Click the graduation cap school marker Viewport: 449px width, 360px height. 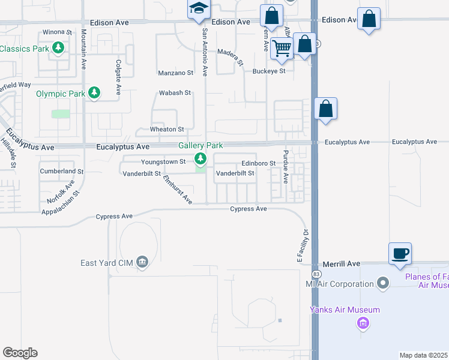click(x=198, y=10)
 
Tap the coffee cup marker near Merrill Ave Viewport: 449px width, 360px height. click(x=399, y=253)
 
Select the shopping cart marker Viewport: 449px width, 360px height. click(x=281, y=48)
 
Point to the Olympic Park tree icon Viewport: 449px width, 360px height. click(x=94, y=93)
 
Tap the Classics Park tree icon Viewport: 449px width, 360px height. click(x=58, y=47)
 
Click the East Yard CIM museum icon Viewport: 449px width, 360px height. click(x=142, y=262)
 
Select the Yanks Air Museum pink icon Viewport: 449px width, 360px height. click(x=363, y=324)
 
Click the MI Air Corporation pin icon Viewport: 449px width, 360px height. click(x=384, y=283)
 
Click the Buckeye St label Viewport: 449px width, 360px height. click(x=268, y=71)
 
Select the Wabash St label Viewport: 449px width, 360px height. click(x=175, y=93)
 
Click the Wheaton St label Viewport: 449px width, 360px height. click(x=166, y=130)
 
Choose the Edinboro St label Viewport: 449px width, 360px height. click(x=258, y=163)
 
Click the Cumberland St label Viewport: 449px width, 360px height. click(x=58, y=171)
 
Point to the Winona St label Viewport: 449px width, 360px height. click(x=57, y=32)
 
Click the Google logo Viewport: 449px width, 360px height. click(x=20, y=353)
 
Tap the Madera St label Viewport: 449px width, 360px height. click(x=231, y=57)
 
